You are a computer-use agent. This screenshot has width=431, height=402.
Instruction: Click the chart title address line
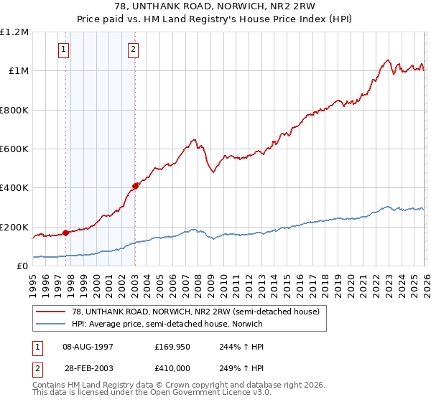[x=215, y=6]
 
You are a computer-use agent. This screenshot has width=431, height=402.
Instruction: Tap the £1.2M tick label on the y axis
[x=14, y=32]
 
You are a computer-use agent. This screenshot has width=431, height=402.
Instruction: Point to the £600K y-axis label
[x=14, y=149]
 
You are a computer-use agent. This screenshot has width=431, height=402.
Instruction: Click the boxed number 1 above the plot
[x=65, y=50]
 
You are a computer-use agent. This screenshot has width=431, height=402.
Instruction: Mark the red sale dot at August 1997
[x=65, y=233]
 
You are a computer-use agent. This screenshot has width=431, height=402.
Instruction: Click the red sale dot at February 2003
[x=135, y=186]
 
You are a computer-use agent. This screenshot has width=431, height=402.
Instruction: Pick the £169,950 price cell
[x=172, y=347]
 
